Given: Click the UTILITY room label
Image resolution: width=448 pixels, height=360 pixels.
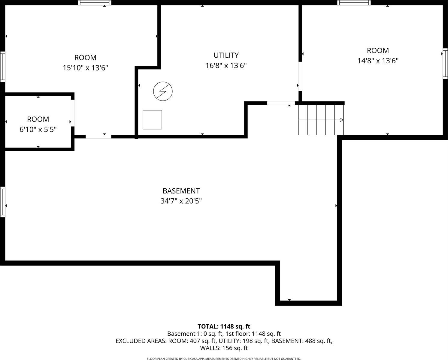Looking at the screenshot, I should (x=226, y=55).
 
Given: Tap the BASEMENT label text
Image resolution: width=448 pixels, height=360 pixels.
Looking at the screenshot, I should (x=181, y=191).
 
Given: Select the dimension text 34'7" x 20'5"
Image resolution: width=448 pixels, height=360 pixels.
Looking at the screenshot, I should (x=181, y=201).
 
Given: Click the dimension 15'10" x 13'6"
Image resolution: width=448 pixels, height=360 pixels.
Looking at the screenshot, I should (x=85, y=68).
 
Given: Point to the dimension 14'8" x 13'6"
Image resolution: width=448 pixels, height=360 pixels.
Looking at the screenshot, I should (x=378, y=61).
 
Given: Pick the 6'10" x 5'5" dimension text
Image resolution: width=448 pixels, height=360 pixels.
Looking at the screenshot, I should (x=38, y=130).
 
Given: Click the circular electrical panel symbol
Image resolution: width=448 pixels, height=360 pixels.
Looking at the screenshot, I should (x=163, y=91).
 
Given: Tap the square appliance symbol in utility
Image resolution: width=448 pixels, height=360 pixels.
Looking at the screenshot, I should (x=152, y=120).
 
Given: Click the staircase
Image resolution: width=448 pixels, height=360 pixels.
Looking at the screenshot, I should (x=321, y=120).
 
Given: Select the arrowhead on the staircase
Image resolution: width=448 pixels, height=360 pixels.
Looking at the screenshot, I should (x=341, y=120).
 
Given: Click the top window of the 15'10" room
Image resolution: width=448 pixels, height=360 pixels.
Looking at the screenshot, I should (x=95, y=3).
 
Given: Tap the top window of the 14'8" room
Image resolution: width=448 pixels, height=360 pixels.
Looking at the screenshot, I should (x=354, y=3).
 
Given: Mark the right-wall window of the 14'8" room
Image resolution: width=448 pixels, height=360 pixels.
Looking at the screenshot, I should (x=445, y=64).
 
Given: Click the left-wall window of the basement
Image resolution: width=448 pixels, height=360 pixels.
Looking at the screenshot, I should (x=2, y=202).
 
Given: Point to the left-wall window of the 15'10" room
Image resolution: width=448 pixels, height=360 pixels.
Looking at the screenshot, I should (x=2, y=67).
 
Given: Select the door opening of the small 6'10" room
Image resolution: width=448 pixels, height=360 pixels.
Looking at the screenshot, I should (x=73, y=113).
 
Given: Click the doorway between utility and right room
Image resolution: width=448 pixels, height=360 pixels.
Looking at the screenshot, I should (x=300, y=76).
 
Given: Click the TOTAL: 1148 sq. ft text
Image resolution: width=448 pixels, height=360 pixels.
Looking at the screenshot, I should (x=224, y=326).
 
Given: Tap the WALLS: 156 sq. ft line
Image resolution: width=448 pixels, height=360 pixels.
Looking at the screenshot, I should (x=224, y=348).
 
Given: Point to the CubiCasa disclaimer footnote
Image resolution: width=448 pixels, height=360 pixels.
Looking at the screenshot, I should (x=224, y=358).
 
